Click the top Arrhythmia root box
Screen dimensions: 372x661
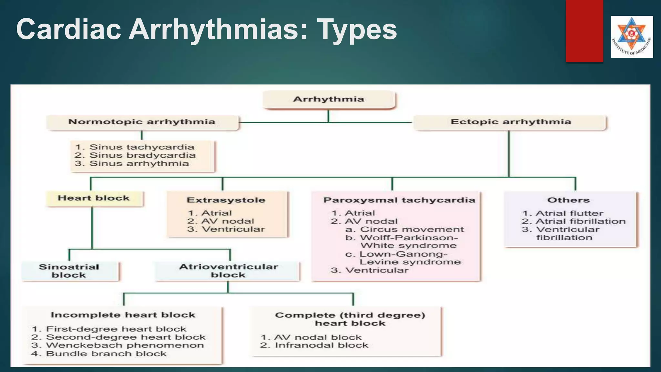pyautogui.click(x=329, y=99)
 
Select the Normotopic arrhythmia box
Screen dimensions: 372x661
pyautogui.click(x=142, y=122)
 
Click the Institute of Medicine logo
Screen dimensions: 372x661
pyautogui.click(x=632, y=37)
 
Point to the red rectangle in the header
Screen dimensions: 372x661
pyautogui.click(x=584, y=31)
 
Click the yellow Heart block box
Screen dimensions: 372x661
pyautogui.click(x=94, y=198)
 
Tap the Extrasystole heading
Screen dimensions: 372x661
pyautogui.click(x=226, y=200)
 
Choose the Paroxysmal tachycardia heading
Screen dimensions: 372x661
pyautogui.click(x=399, y=200)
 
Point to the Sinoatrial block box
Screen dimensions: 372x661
pyautogui.click(x=69, y=271)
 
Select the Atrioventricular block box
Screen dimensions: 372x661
pyautogui.click(x=228, y=271)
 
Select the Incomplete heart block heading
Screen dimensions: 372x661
pyautogui.click(x=123, y=315)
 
